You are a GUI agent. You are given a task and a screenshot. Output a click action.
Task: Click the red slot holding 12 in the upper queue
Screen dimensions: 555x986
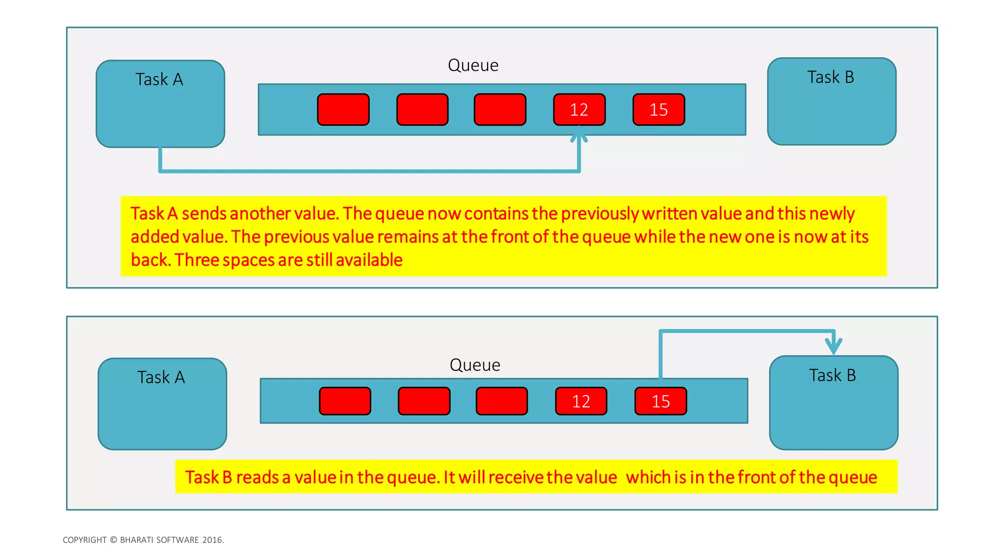point(579,110)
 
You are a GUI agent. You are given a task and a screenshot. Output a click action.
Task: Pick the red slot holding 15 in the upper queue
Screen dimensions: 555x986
point(659,110)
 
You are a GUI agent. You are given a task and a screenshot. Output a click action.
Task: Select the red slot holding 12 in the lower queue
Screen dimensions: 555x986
point(581,401)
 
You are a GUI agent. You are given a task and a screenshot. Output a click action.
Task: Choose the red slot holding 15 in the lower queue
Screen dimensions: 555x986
point(661,401)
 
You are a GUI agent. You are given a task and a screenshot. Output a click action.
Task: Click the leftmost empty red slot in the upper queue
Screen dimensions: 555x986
point(343,110)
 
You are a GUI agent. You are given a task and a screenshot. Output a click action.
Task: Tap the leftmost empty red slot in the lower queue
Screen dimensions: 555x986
point(345,401)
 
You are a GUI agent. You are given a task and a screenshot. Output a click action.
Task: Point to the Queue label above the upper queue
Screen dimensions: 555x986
point(473,66)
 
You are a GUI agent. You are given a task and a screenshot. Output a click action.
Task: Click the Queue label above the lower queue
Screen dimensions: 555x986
point(475,365)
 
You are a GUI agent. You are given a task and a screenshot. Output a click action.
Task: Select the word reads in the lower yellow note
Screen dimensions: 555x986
point(258,477)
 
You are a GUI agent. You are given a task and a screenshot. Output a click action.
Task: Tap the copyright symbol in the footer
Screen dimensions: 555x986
point(113,540)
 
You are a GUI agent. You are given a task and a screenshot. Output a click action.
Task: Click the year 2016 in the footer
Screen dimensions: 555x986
point(212,540)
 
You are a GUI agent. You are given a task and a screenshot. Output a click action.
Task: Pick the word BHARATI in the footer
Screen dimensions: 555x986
point(137,540)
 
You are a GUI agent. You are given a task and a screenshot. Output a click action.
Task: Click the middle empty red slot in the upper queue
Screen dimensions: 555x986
point(422,110)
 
